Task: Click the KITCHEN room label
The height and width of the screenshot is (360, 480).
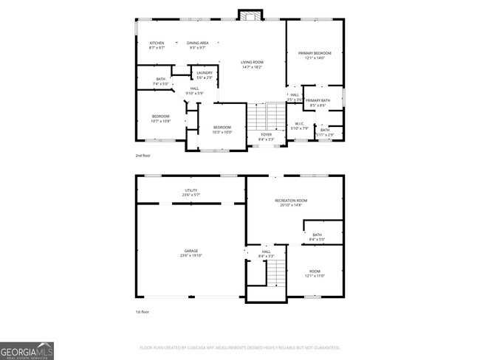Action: pyautogui.click(x=157, y=43)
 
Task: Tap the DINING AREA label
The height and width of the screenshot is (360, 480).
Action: pyautogui.click(x=197, y=43)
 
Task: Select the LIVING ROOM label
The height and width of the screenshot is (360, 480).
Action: pyautogui.click(x=253, y=62)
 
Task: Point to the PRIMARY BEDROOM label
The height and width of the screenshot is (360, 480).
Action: pyautogui.click(x=315, y=53)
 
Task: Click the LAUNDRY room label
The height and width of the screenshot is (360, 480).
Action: pyautogui.click(x=205, y=72)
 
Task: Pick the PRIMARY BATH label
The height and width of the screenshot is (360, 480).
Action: pyautogui.click(x=318, y=100)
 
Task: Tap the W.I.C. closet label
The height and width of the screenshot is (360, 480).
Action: pyautogui.click(x=300, y=124)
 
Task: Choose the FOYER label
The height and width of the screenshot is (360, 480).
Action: pyautogui.click(x=266, y=134)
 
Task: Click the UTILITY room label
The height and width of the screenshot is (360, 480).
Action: pyautogui.click(x=191, y=190)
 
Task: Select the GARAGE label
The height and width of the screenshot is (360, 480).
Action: pyautogui.click(x=191, y=251)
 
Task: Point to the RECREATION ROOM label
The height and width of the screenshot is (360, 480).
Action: pyautogui.click(x=291, y=201)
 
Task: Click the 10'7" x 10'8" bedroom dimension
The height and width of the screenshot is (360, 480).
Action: pyautogui.click(x=161, y=120)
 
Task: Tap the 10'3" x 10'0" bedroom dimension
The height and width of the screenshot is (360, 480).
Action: pyautogui.click(x=222, y=133)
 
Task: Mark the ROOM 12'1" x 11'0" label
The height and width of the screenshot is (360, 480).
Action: pyautogui.click(x=315, y=273)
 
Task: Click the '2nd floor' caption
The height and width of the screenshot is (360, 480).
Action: pyautogui.click(x=143, y=156)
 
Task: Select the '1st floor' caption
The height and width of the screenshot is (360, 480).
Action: pyautogui.click(x=143, y=312)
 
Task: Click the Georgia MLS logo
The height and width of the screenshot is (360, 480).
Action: pyautogui.click(x=27, y=350)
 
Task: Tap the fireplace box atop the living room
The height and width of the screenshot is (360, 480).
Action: pyautogui.click(x=250, y=15)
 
